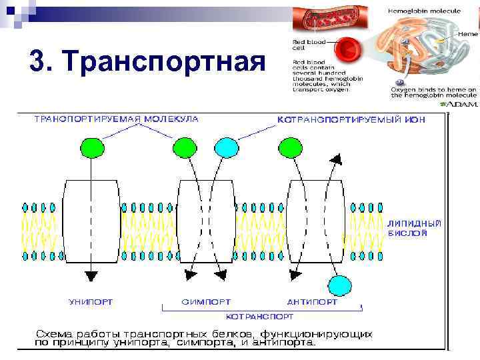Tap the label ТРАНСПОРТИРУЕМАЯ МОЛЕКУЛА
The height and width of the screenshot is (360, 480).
pyautogui.click(x=116, y=119)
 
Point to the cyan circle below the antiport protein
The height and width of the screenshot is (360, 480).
pyautogui.click(x=340, y=285)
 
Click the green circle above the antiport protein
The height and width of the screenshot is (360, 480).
pyautogui.click(x=290, y=147)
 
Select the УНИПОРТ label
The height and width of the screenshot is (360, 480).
pyautogui.click(x=91, y=302)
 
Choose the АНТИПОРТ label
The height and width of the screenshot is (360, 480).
pyautogui.click(x=312, y=302)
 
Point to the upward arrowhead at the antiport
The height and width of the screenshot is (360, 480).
pyautogui.click(x=337, y=159)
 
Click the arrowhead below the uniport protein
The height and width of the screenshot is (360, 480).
pyautogui.click(x=91, y=275)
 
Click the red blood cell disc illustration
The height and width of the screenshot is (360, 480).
pyautogui.click(x=347, y=51)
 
